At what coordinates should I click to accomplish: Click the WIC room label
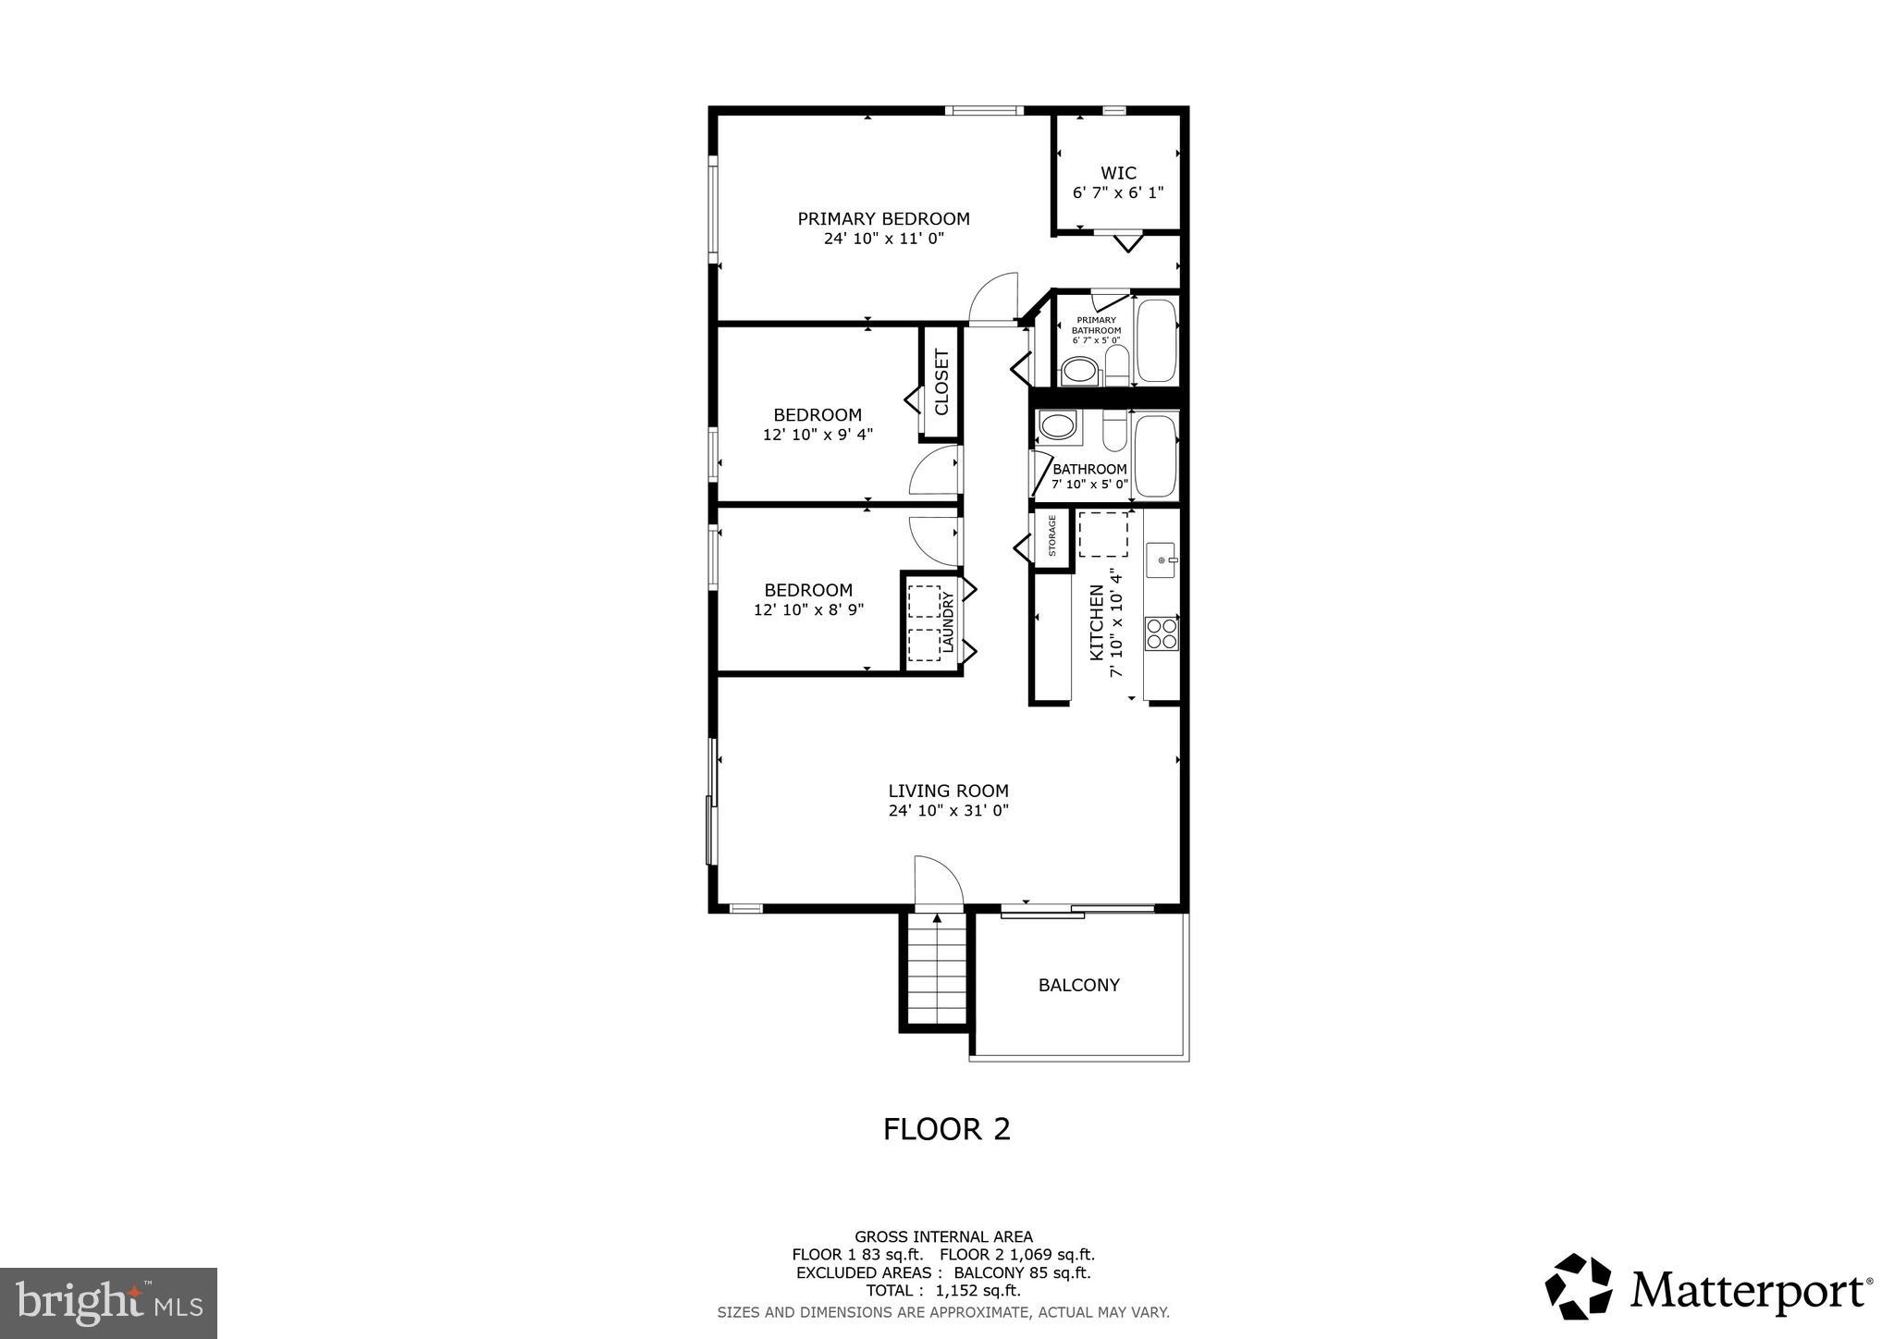click(x=1117, y=173)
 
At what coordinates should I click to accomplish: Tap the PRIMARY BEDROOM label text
click(x=883, y=219)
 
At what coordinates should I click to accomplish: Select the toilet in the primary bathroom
click(x=1078, y=372)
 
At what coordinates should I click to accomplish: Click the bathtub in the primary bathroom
click(x=1155, y=339)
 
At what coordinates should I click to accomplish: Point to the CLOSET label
click(x=941, y=382)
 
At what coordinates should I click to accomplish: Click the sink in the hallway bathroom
click(x=1055, y=427)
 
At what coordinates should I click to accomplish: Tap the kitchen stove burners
click(x=1162, y=633)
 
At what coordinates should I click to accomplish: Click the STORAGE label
click(x=1052, y=536)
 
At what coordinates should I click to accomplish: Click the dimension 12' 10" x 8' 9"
click(x=808, y=610)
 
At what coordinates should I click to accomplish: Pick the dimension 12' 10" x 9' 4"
click(x=818, y=435)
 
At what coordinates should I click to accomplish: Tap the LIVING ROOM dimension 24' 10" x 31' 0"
click(x=948, y=811)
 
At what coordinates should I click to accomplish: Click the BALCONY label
click(x=1078, y=986)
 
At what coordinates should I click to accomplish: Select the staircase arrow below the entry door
click(x=937, y=918)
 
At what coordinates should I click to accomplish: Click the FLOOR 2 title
click(x=946, y=1129)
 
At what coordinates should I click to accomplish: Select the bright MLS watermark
click(x=108, y=1303)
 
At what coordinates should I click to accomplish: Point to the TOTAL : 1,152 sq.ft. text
click(x=942, y=1291)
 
